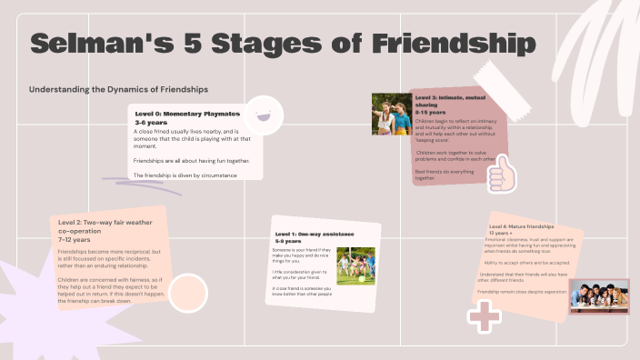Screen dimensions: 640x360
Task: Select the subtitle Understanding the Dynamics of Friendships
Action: (119, 89)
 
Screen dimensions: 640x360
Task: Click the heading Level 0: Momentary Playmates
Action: (186, 114)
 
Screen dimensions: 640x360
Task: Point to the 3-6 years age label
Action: (152, 122)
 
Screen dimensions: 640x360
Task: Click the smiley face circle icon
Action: (264, 115)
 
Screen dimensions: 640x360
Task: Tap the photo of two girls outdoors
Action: (392, 114)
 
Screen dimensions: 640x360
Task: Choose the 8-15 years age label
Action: (429, 112)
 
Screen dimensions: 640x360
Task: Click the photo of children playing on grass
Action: (355, 265)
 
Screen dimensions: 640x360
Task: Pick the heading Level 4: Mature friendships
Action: (521, 225)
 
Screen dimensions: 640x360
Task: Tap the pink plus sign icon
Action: (484, 317)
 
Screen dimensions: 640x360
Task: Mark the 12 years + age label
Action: (501, 233)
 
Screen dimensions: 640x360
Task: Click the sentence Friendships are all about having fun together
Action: (191, 161)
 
